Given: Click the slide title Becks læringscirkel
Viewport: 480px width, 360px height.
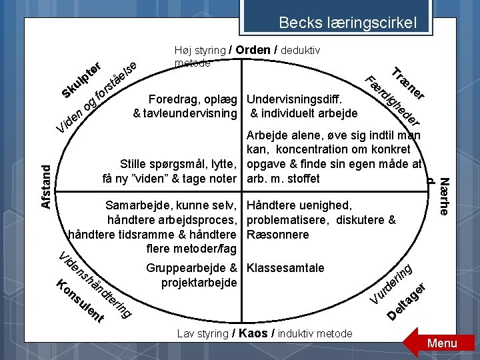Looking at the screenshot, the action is [347, 23].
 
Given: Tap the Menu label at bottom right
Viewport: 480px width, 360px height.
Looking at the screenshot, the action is [443, 343].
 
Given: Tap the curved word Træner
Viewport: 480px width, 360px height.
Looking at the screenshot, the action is [409, 86].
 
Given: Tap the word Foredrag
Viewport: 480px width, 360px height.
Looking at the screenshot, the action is [173, 99].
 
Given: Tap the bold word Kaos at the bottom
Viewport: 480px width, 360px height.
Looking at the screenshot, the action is [253, 333].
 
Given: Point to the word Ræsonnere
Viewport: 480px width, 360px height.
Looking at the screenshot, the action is [278, 235].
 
